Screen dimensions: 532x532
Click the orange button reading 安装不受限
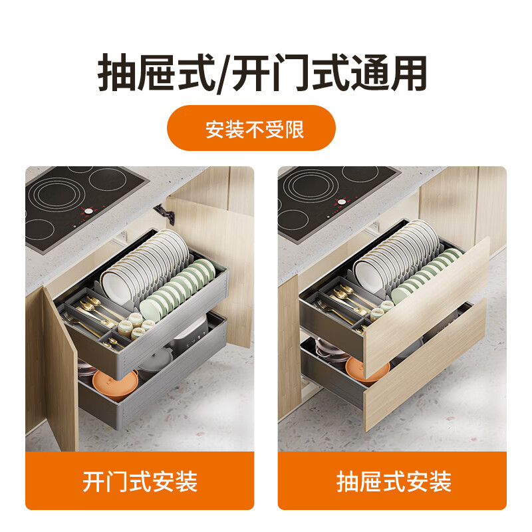click(x=251, y=128)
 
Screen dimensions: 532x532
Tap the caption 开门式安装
click(x=140, y=481)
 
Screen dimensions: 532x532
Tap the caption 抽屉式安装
click(x=393, y=481)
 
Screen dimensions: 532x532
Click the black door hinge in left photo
click(x=164, y=213)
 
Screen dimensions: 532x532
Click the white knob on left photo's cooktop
click(x=86, y=211)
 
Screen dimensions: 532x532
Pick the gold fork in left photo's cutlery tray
click(x=74, y=319)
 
